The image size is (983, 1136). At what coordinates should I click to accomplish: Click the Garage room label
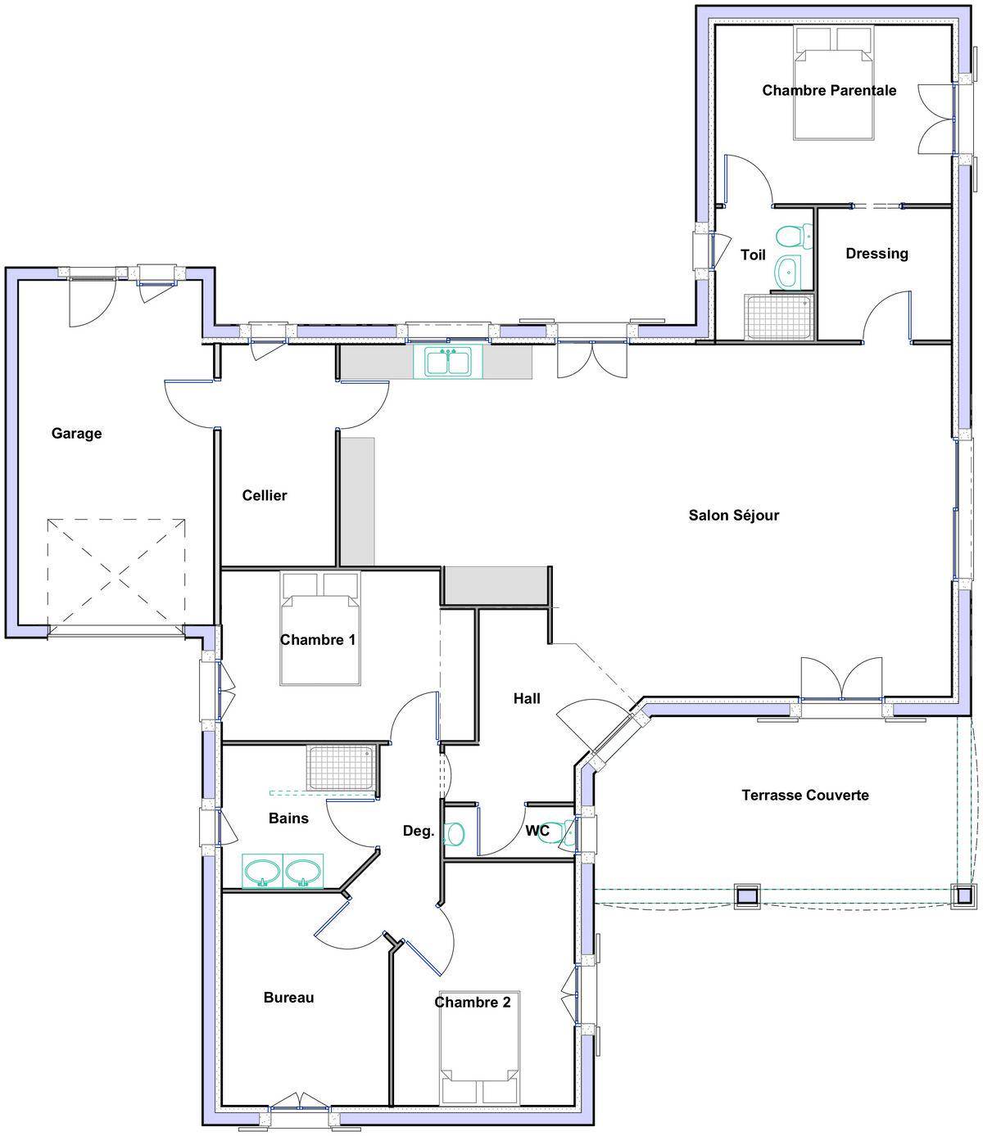pyautogui.click(x=76, y=434)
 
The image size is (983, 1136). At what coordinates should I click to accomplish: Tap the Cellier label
pyautogui.click(x=265, y=495)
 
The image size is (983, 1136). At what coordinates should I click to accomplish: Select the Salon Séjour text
pyautogui.click(x=734, y=515)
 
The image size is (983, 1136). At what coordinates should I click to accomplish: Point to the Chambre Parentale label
pyautogui.click(x=829, y=90)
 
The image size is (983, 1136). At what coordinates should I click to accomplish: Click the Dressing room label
pyautogui.click(x=877, y=254)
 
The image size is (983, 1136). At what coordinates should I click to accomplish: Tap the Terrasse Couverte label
pyautogui.click(x=805, y=795)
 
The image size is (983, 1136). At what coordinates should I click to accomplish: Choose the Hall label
pyautogui.click(x=527, y=698)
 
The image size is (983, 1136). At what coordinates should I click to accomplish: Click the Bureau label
pyautogui.click(x=289, y=998)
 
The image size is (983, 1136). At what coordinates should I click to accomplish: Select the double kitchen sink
pyautogui.click(x=448, y=363)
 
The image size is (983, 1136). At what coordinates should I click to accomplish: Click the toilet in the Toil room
pyautogui.click(x=794, y=237)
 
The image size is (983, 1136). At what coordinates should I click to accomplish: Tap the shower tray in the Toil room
pyautogui.click(x=778, y=318)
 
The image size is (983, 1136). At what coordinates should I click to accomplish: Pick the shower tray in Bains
pyautogui.click(x=341, y=768)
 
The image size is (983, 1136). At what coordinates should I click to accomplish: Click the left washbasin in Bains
pyautogui.click(x=262, y=871)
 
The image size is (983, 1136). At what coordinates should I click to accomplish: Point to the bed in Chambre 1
pyautogui.click(x=320, y=629)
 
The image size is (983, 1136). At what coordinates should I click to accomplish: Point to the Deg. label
pyautogui.click(x=419, y=831)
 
